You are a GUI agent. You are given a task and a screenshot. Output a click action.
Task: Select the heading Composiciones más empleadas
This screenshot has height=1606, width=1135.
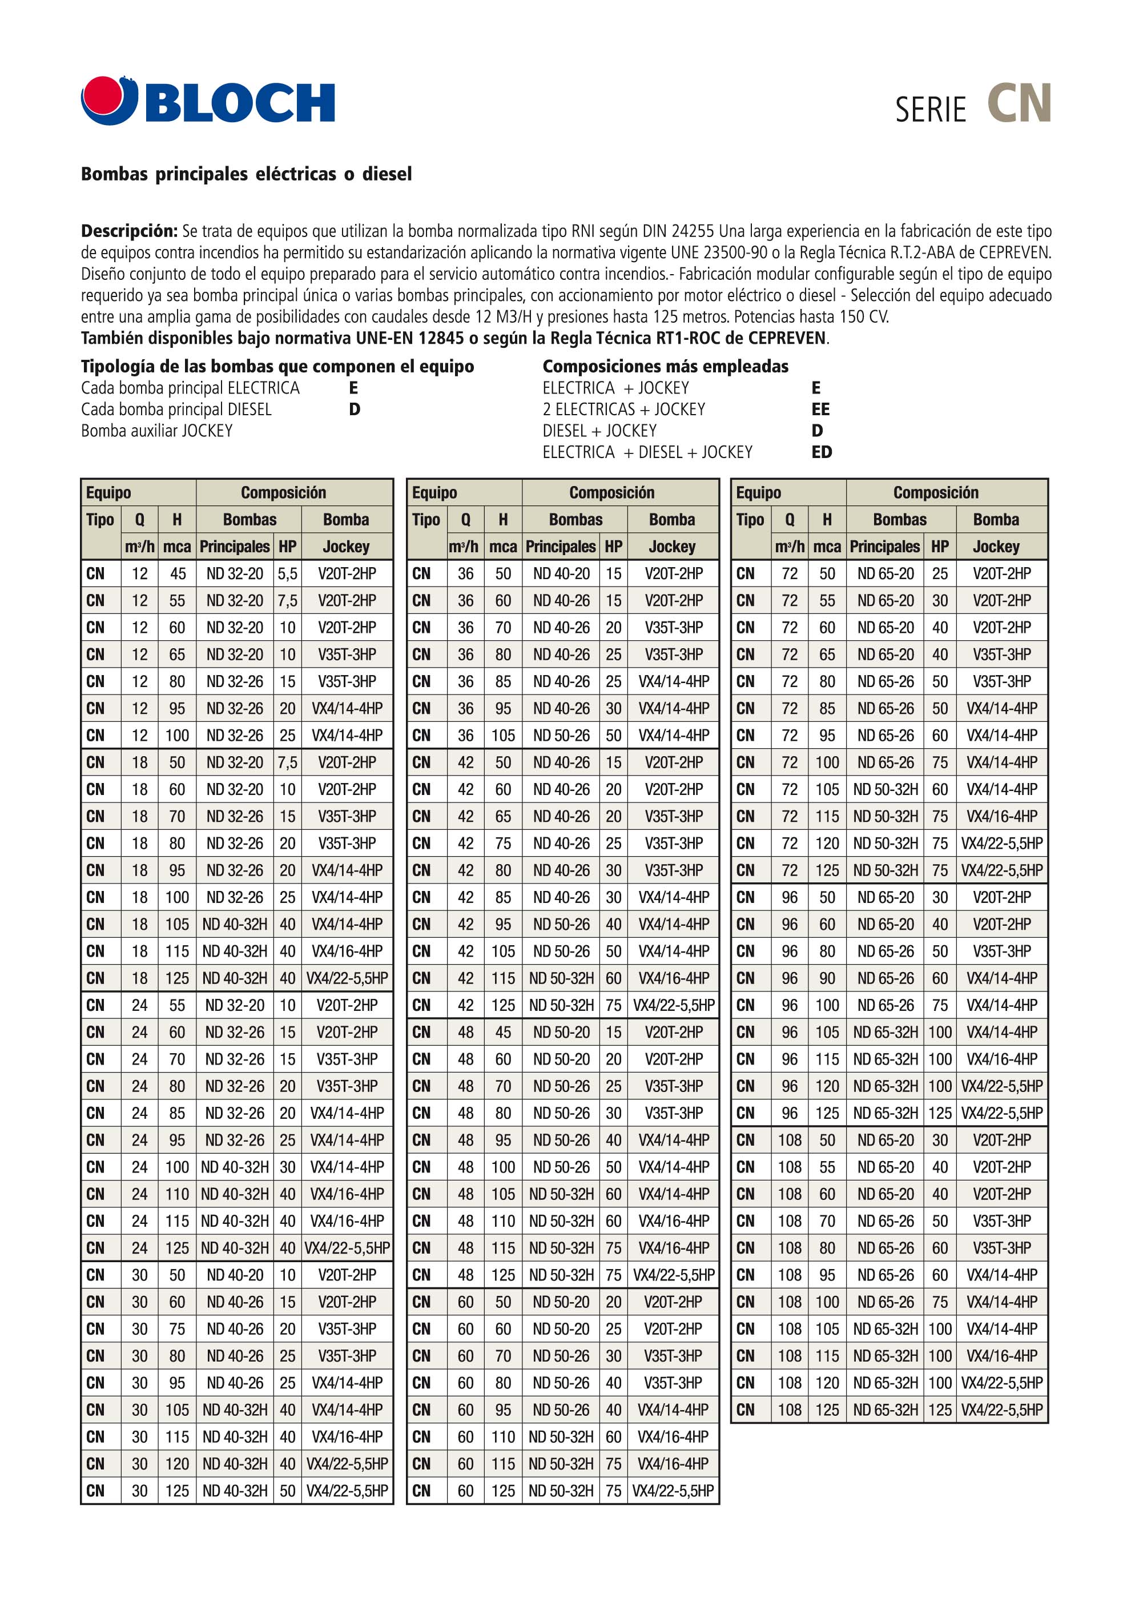(x=665, y=366)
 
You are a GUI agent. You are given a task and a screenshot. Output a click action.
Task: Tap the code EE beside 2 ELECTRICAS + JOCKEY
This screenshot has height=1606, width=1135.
(x=820, y=409)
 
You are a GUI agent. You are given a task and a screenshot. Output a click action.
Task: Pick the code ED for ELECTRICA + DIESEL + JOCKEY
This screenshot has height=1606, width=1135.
(x=822, y=452)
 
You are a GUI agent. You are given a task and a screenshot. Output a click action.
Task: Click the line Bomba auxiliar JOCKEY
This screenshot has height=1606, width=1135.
(x=156, y=431)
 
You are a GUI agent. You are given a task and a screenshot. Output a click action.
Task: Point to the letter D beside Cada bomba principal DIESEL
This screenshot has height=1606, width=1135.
(x=355, y=409)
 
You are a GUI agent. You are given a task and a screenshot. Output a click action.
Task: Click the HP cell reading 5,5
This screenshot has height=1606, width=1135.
(x=287, y=573)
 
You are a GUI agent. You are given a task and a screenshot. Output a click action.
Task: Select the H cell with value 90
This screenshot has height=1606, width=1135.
(x=827, y=978)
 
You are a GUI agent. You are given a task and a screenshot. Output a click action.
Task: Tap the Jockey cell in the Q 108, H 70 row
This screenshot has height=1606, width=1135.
(x=1001, y=1220)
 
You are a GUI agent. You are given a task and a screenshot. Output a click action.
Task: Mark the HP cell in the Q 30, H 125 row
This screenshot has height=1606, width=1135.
(x=287, y=1491)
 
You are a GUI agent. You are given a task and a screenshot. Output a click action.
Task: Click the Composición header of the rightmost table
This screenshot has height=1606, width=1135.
(x=936, y=492)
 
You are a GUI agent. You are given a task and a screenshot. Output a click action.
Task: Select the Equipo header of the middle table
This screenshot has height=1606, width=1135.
(x=434, y=492)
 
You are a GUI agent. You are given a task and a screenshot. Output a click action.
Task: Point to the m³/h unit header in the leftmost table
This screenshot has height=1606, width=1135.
(x=140, y=547)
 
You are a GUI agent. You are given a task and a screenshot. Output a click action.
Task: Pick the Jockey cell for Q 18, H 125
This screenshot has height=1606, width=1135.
(x=347, y=978)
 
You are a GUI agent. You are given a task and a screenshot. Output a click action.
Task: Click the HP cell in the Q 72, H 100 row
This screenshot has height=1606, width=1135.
(x=939, y=762)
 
